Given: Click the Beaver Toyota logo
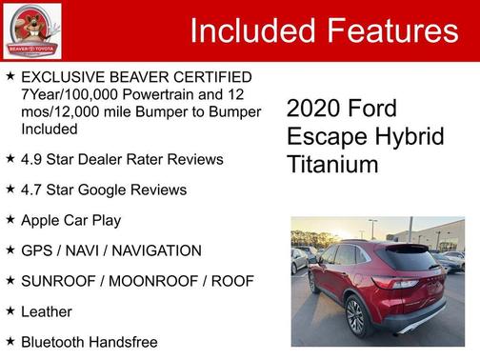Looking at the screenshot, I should click(32, 30).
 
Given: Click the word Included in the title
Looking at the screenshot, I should click(251, 30).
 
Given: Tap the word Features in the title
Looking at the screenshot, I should click(391, 30).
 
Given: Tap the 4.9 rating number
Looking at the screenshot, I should click(31, 159).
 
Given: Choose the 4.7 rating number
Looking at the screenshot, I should click(31, 190).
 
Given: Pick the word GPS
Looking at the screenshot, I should click(36, 250).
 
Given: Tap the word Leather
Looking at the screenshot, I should click(47, 311).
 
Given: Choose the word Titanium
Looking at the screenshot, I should click(332, 165).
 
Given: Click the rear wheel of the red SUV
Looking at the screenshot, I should click(355, 316).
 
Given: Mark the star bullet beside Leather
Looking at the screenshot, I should click(10, 310).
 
